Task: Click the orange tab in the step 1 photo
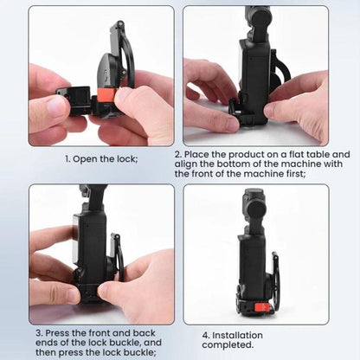pyautogui.click(x=106, y=94)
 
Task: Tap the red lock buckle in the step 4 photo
pyautogui.click(x=261, y=307)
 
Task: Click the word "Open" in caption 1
pyautogui.click(x=85, y=159)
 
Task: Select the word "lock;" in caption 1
pyautogui.click(x=126, y=158)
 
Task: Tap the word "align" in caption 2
pyautogui.click(x=184, y=164)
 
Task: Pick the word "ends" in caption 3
pyautogui.click(x=45, y=343)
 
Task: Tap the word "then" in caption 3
pyautogui.click(x=46, y=352)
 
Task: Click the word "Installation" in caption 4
pyautogui.click(x=237, y=336)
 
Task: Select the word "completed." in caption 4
pyautogui.click(x=228, y=345)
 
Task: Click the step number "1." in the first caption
pyautogui.click(x=67, y=159)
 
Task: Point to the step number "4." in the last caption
pyautogui.click(x=206, y=336)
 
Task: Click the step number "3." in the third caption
pyautogui.click(x=39, y=333)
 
